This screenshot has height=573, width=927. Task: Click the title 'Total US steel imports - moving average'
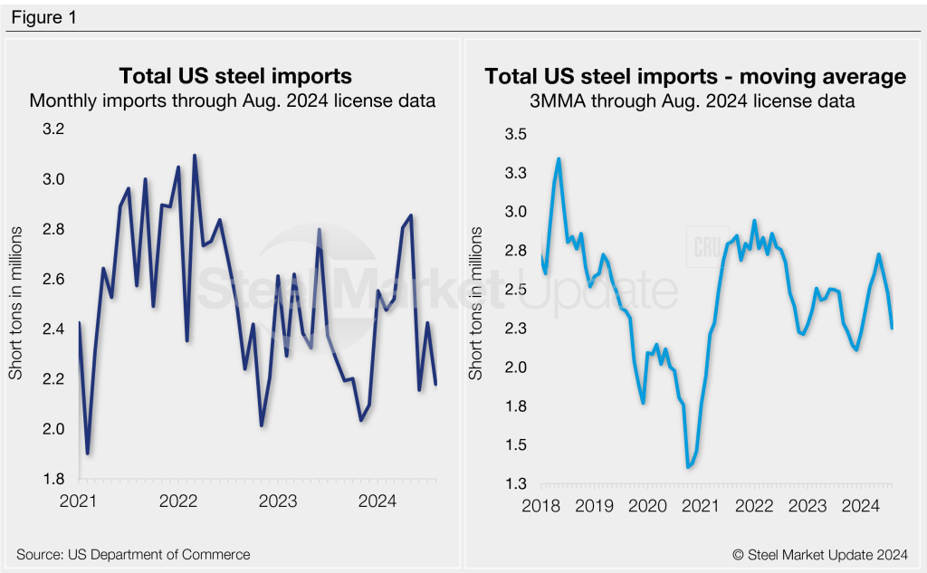coord(695,77)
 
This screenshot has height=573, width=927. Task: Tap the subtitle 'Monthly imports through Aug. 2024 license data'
coord(233,100)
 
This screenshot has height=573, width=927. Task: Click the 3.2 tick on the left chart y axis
coord(55,129)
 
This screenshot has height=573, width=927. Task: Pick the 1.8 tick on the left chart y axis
coord(55,479)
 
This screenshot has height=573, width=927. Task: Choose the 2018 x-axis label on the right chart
coord(542,505)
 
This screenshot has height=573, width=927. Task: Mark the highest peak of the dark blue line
coord(195,156)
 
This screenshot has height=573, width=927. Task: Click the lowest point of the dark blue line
coord(88,454)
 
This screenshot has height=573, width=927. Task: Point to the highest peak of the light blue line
coord(559,159)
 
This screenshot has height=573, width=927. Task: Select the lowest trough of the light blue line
coord(688,467)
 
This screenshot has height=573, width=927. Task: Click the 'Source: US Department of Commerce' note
coord(133,554)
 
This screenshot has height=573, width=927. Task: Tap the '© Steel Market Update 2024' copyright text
coord(822,554)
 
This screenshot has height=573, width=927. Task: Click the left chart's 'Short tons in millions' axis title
coord(16,303)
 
